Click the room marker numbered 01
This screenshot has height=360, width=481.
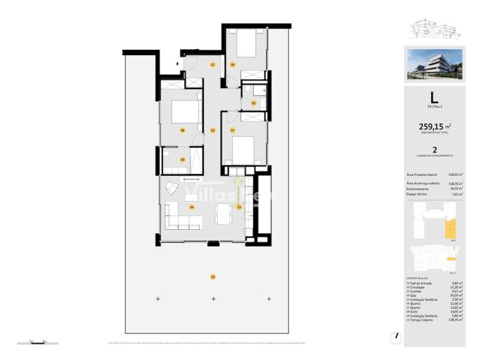[x=212, y=65]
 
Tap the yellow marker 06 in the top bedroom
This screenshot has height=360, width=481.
[x=233, y=65]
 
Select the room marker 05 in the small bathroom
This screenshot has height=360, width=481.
[x=254, y=104]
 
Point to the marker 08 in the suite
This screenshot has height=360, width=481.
[x=183, y=130]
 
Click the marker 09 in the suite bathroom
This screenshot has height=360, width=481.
[x=183, y=160]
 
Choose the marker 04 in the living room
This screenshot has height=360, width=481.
[x=192, y=207]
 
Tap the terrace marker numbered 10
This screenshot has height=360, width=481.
[x=212, y=277]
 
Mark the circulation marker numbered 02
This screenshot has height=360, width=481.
[x=212, y=130]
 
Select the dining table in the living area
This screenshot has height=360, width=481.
[x=222, y=213]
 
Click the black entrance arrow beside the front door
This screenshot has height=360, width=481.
[x=179, y=64]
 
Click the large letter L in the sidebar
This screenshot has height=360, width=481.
[x=434, y=97]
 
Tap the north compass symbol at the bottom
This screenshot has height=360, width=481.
[x=395, y=337]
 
